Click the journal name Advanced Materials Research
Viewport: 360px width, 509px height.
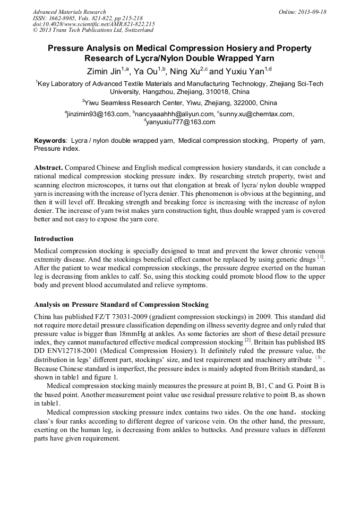tap(69, 12)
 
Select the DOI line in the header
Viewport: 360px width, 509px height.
tap(93, 24)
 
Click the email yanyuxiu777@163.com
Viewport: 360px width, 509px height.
tap(181, 122)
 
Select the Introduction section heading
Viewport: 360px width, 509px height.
tap(54, 239)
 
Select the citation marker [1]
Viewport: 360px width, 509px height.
tap(320, 257)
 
